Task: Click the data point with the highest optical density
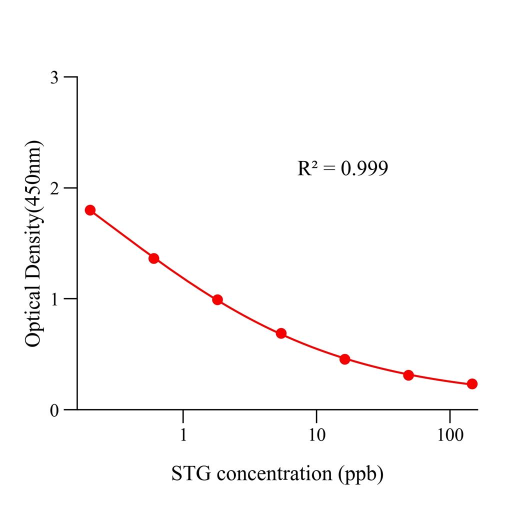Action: [x=90, y=210]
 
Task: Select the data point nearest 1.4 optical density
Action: [x=154, y=258]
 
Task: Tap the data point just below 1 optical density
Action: [x=217, y=300]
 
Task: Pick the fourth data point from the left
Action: [x=281, y=333]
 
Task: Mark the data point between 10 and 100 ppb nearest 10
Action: [x=344, y=359]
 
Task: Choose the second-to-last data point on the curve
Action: [x=408, y=375]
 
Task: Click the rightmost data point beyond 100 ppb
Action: [x=472, y=384]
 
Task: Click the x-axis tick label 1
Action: [x=183, y=435]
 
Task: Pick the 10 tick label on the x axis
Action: [x=316, y=435]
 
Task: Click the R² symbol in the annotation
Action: [x=307, y=168]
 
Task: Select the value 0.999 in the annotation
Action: [x=364, y=168]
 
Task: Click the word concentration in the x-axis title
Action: [x=272, y=473]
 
